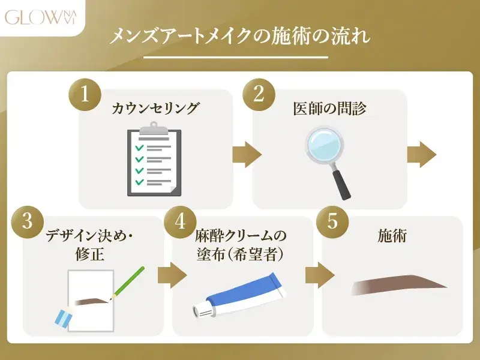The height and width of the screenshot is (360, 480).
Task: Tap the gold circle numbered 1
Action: [x=85, y=96]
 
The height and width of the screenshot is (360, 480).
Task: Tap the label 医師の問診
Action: [x=329, y=109]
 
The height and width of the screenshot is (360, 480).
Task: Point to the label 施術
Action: [x=392, y=236]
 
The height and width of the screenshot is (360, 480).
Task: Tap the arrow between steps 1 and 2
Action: [x=247, y=154]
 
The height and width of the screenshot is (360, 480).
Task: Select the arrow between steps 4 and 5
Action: [x=319, y=275]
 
